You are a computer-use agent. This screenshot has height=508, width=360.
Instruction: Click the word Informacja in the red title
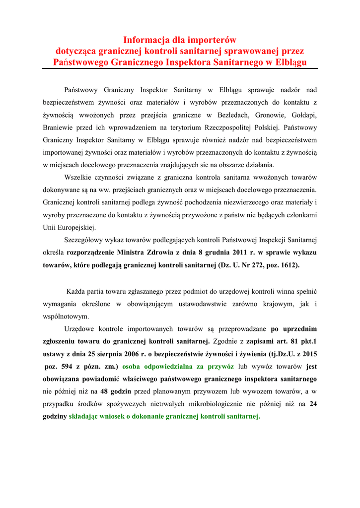tap(145, 39)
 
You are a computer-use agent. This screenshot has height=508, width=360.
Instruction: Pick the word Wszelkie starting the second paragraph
tap(79, 178)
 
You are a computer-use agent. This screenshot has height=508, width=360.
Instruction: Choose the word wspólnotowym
tap(66, 316)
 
